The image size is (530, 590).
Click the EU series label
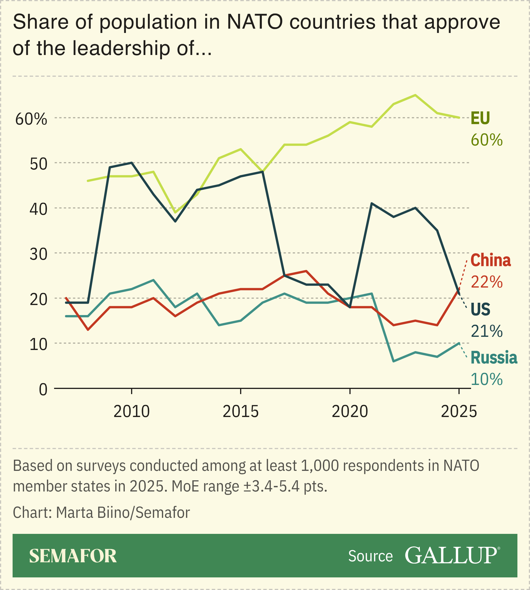point(480,118)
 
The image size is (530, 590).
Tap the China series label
point(491,260)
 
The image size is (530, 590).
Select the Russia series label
point(494,358)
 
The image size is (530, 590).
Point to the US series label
point(480,310)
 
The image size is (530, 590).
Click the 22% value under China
point(487,282)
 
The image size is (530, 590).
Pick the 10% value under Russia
point(487,379)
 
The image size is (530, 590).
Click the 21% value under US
point(487,331)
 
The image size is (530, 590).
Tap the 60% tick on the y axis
point(31,119)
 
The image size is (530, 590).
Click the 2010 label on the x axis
point(132,412)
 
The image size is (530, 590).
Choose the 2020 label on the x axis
point(350,412)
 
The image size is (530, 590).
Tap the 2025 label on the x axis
point(459,412)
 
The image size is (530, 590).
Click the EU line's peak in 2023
point(415,95)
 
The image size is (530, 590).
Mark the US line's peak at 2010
point(132,163)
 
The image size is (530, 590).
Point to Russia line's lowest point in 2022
point(393,361)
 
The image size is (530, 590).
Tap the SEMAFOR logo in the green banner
point(73,556)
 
